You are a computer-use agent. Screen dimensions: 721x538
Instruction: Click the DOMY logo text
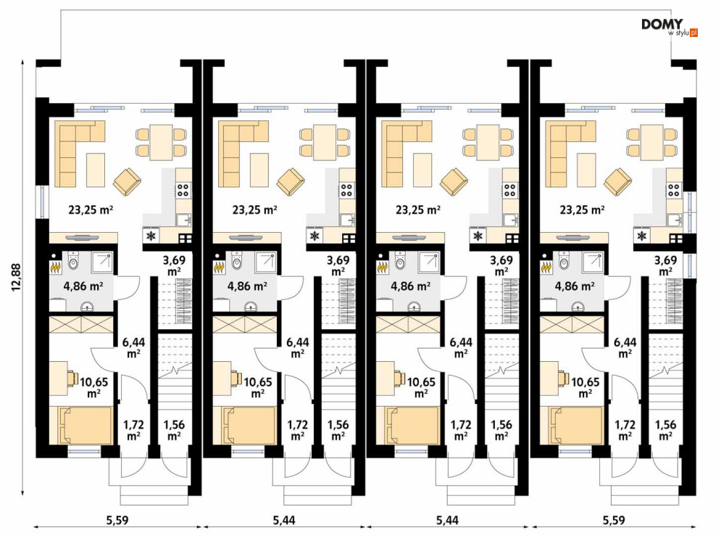(662, 25)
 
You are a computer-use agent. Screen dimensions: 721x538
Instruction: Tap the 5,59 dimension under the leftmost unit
(117, 521)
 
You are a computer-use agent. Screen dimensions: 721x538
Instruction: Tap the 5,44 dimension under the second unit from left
(284, 521)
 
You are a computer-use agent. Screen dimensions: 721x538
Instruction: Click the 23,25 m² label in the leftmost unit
(91, 210)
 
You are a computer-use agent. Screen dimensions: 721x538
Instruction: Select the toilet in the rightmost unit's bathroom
(564, 260)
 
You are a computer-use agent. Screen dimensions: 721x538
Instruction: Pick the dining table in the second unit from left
(325, 142)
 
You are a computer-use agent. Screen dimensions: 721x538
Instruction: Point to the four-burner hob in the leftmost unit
(183, 190)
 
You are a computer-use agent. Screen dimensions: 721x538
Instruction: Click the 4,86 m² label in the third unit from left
(411, 286)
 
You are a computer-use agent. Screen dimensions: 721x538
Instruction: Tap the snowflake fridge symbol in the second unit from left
(315, 236)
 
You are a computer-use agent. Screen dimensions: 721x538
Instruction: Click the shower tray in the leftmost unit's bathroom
(103, 262)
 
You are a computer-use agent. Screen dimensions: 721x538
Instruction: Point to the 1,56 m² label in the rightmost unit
(665, 430)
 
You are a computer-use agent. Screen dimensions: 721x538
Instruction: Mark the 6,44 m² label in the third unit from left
(461, 347)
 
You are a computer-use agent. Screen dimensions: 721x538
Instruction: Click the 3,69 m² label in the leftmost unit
(175, 265)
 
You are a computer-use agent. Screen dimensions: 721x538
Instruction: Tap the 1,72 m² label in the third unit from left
(461, 430)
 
